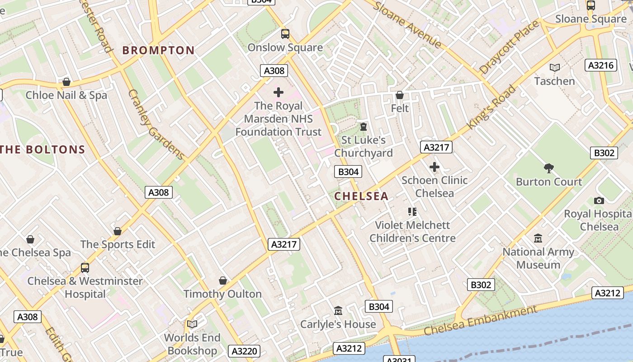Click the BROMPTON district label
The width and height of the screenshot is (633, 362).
coord(158,50)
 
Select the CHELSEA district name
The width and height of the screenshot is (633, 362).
coord(361,196)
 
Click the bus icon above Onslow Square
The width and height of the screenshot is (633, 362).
coord(285,33)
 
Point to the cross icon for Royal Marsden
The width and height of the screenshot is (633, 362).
coord(279,92)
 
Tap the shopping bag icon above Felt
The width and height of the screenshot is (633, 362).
coord(399,95)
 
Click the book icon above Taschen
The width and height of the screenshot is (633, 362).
coord(554,67)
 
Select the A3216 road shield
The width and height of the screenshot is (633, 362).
coord(601,65)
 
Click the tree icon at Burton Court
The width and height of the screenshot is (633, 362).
coord(549,168)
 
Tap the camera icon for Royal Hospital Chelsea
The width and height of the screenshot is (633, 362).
coord(599,200)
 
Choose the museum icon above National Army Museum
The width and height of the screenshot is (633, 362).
coord(538,238)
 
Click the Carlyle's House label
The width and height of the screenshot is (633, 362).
coord(338,324)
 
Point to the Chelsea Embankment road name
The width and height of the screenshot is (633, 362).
coord(481,320)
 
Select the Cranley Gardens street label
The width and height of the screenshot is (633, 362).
coord(156,124)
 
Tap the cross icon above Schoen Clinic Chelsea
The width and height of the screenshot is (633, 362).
coord(434,167)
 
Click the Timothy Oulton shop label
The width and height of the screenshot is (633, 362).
coord(222,294)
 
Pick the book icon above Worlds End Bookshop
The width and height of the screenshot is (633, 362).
coord(192,324)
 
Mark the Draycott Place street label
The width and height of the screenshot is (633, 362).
coord(510,47)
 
